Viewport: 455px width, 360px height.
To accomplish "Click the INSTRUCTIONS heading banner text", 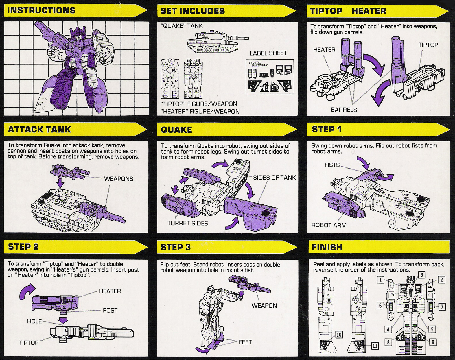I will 41,10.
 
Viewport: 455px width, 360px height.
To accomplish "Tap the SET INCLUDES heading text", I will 192,11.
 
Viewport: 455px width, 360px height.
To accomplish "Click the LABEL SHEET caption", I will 268,53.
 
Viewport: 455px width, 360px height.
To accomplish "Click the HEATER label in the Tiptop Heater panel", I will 324,50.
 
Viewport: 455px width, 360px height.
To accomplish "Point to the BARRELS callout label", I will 344,110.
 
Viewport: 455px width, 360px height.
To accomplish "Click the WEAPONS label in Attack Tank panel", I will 119,179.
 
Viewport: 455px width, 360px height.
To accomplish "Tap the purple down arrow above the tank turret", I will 60,183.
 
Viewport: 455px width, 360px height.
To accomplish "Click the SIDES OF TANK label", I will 274,178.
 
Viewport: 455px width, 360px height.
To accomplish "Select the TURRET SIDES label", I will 187,223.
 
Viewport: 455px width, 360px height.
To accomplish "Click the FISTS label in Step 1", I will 332,165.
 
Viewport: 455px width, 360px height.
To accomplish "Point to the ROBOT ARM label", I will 329,225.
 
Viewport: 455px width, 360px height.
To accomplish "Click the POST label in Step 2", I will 110,311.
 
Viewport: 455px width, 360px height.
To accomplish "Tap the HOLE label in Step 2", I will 34,321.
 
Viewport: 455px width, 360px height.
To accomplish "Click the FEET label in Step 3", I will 245,342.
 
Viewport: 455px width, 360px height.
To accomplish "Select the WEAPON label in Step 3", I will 264,306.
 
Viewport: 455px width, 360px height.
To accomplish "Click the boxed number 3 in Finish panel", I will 422,275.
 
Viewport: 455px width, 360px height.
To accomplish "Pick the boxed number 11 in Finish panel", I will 375,346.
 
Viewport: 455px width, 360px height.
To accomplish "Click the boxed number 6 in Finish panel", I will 380,306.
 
